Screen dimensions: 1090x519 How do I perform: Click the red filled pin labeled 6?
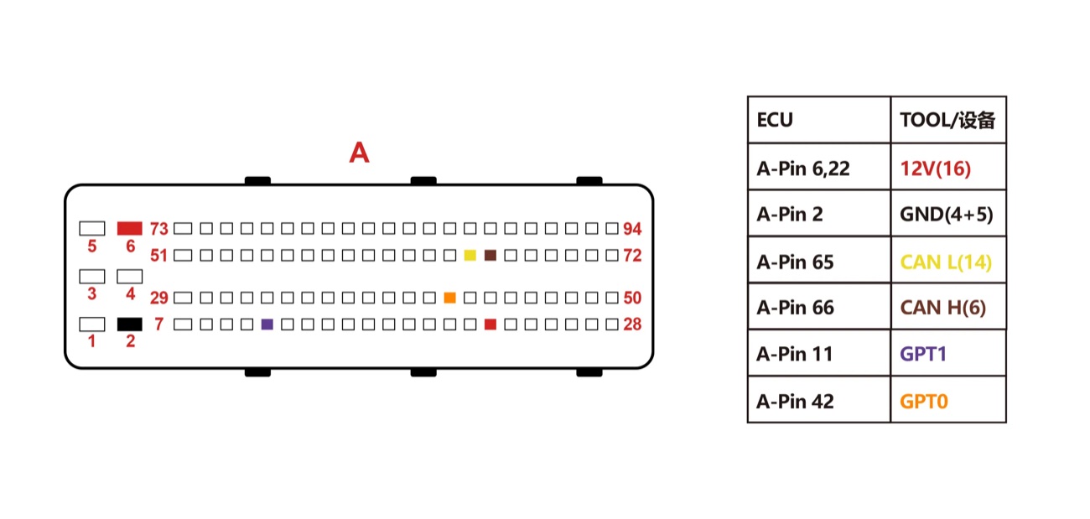tap(129, 228)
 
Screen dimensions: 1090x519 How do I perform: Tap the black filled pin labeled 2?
tap(129, 324)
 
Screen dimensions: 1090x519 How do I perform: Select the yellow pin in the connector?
tap(470, 256)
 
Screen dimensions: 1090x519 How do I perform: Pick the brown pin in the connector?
tap(490, 256)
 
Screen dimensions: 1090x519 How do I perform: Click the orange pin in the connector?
tap(450, 298)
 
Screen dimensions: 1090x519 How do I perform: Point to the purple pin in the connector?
tap(267, 324)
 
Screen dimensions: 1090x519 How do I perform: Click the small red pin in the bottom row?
tap(490, 324)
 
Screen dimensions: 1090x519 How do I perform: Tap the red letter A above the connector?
tap(359, 153)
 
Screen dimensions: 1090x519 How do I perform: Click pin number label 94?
tap(632, 229)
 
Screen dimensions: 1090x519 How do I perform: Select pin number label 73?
tap(159, 229)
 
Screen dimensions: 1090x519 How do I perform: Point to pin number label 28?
tap(632, 324)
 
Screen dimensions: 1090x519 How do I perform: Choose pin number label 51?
tap(158, 256)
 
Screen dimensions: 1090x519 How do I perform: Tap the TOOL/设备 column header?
tap(947, 120)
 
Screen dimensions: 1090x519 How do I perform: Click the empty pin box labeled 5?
tap(92, 228)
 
